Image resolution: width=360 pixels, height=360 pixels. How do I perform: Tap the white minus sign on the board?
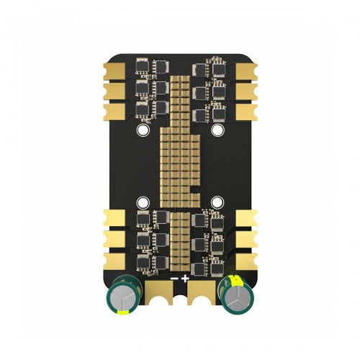coord(174,278)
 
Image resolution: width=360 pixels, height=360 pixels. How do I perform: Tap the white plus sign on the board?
coord(186,278)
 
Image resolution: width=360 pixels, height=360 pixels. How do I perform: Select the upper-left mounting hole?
coord(143,131)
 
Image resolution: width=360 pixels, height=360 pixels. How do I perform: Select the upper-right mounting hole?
coord(217,131)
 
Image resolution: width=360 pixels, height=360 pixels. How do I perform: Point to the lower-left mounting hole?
coord(143,202)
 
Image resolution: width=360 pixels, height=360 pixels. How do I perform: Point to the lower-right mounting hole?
coord(217,202)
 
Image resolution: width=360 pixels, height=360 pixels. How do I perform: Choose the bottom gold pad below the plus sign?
coord(199,294)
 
